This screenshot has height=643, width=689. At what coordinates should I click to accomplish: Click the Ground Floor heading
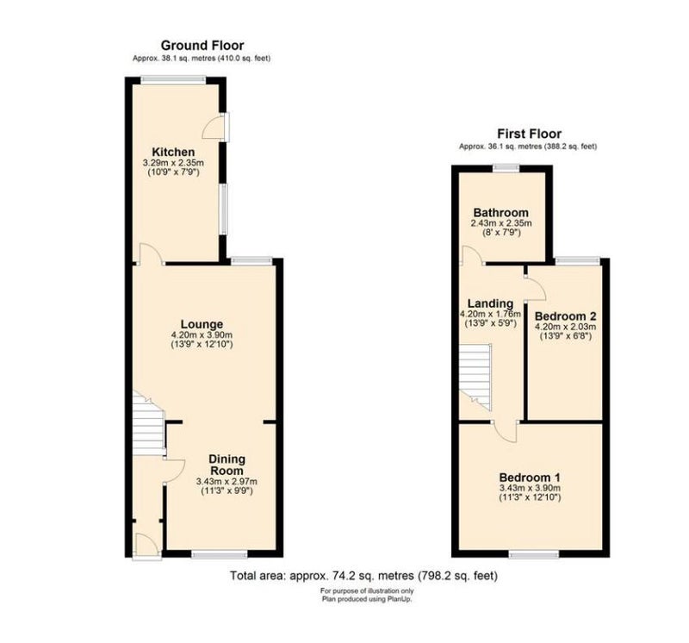(202, 46)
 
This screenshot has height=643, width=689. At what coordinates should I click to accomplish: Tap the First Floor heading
(529, 134)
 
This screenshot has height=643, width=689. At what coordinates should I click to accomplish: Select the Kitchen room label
(173, 153)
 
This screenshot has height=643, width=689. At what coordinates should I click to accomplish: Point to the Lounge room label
(202, 325)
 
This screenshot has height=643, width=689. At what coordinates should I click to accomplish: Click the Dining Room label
(227, 465)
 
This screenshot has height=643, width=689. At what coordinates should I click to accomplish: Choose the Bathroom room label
(501, 213)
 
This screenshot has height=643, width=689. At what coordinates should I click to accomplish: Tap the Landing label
(490, 303)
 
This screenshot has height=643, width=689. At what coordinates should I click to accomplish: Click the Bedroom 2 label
(566, 316)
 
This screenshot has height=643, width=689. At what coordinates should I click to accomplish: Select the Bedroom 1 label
(530, 478)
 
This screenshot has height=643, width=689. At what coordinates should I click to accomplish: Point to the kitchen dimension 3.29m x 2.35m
(173, 163)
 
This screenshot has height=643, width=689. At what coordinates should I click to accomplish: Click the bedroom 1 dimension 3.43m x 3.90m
(530, 488)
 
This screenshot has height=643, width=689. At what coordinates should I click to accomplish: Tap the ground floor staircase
(148, 423)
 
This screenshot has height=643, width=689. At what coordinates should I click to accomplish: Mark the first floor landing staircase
(475, 377)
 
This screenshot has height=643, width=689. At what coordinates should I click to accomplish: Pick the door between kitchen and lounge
(149, 253)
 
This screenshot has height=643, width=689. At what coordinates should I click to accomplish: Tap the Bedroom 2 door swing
(536, 289)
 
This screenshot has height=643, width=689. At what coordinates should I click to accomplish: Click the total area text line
(363, 576)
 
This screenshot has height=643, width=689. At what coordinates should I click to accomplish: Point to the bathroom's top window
(506, 167)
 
